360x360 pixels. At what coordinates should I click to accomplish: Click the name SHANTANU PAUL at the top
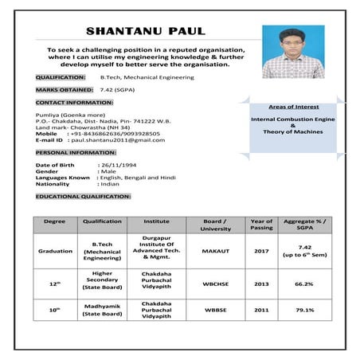(x=145, y=32)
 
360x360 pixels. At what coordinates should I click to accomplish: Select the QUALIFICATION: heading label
(x=61, y=77)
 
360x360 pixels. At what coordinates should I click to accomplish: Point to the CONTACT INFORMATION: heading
(x=74, y=104)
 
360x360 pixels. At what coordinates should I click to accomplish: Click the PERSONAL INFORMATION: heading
(x=76, y=151)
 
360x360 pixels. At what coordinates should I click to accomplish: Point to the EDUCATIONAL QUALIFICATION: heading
(x=83, y=196)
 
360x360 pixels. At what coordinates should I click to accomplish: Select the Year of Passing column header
(x=261, y=225)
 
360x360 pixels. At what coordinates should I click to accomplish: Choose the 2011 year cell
(x=261, y=310)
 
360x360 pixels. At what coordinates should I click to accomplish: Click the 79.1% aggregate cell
(x=303, y=310)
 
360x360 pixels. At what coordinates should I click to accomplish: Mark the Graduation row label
(x=55, y=250)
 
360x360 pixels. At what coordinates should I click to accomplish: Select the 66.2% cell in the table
(x=303, y=283)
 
